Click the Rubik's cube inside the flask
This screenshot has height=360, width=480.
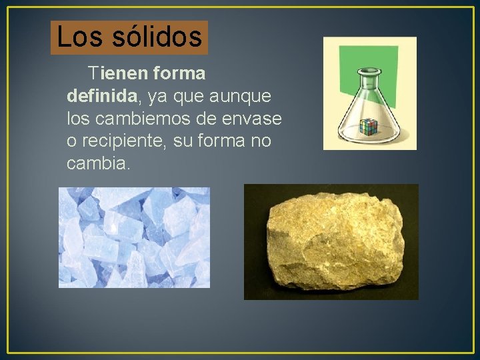point(367,125)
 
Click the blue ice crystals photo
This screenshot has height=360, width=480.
point(134,237)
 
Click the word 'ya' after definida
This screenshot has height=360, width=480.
point(157,97)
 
